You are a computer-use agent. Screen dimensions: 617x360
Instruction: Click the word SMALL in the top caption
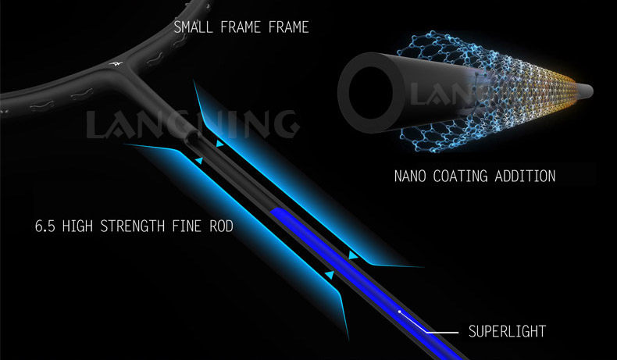click(192, 28)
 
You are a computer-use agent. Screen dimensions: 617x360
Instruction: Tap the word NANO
click(412, 176)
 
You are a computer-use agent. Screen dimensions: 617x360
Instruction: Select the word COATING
click(467, 176)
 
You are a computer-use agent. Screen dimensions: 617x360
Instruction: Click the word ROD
click(223, 228)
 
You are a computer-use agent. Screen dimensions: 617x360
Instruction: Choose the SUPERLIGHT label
click(506, 332)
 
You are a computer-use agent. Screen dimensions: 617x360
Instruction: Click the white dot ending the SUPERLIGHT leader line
click(399, 312)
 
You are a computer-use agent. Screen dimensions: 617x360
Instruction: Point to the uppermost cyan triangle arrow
click(219, 145)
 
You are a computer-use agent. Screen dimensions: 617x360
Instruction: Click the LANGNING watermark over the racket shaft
click(191, 123)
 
